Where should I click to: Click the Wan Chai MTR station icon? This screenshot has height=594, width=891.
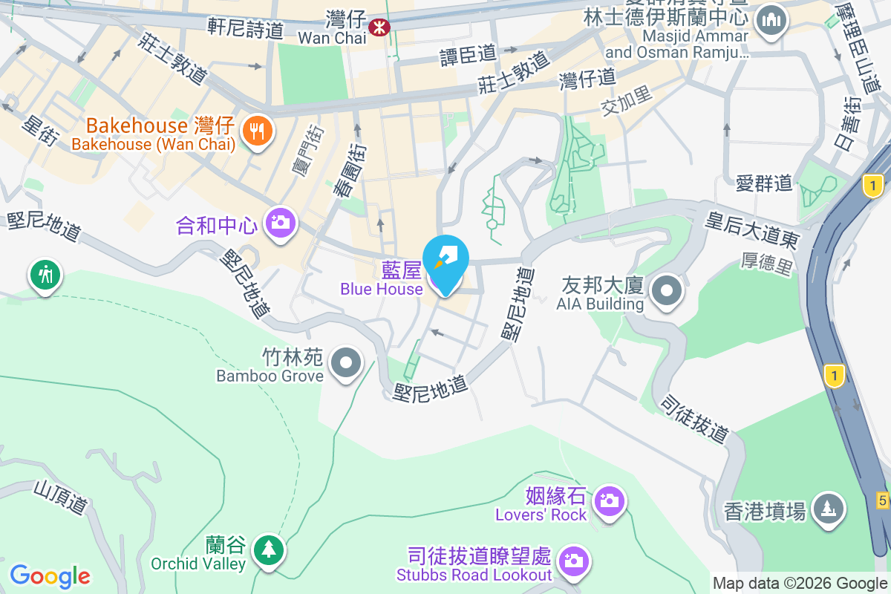click(379, 28)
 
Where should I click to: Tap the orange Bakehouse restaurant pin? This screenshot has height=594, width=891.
click(258, 132)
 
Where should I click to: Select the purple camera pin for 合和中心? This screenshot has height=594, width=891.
click(280, 222)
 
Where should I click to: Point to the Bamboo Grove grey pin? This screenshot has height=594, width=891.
click(345, 364)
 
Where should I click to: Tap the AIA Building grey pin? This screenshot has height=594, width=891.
click(667, 290)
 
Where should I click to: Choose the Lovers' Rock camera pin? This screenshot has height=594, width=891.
click(609, 501)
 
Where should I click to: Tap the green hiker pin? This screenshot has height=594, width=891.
click(45, 275)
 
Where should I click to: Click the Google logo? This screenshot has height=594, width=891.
click(50, 575)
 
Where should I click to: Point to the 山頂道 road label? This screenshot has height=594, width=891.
click(61, 497)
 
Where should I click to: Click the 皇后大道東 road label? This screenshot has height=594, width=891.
click(752, 229)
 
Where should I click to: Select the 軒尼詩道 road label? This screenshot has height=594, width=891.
click(246, 29)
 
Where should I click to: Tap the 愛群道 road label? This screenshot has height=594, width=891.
click(764, 183)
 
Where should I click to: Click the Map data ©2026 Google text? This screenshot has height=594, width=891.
click(800, 584)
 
